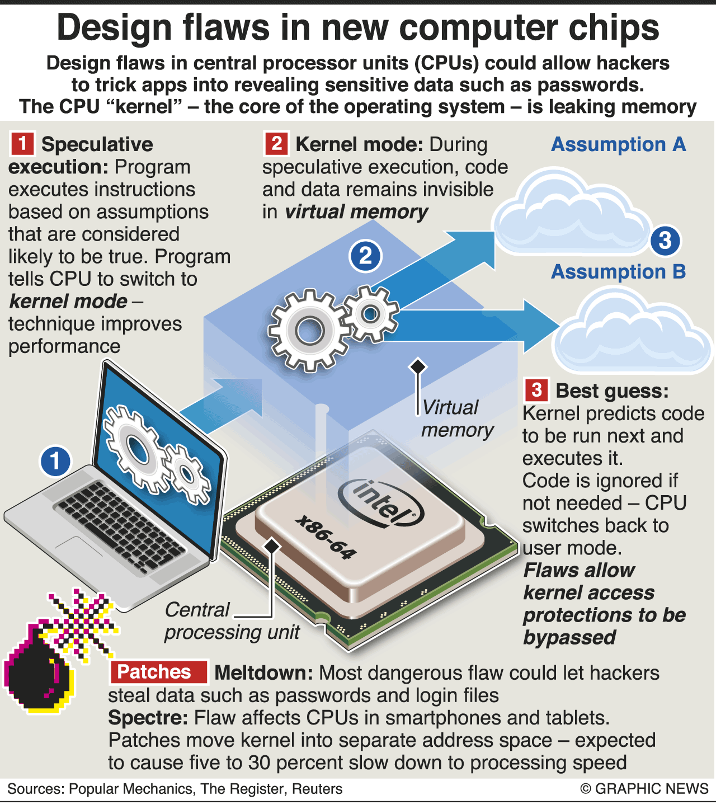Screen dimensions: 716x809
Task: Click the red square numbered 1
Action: pos(22,143)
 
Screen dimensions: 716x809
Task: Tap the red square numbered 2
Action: pos(276,143)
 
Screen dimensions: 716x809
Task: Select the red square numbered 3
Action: pos(536,389)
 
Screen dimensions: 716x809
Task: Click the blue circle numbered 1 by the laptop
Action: pos(55,461)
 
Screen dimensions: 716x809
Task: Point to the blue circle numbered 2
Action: pos(365,256)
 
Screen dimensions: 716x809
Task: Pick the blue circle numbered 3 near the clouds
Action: pos(665,241)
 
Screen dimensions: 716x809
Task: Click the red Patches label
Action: pos(158,672)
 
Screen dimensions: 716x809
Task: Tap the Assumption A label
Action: pos(619,144)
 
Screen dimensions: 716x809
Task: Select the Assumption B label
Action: pos(619,271)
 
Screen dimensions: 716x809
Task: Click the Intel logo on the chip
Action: pos(380,503)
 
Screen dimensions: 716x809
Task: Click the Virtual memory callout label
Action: pos(457,418)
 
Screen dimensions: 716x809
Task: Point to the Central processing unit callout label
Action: pos(232,621)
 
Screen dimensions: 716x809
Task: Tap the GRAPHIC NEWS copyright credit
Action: pos(644,789)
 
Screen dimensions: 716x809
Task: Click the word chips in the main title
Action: pos(614,28)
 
